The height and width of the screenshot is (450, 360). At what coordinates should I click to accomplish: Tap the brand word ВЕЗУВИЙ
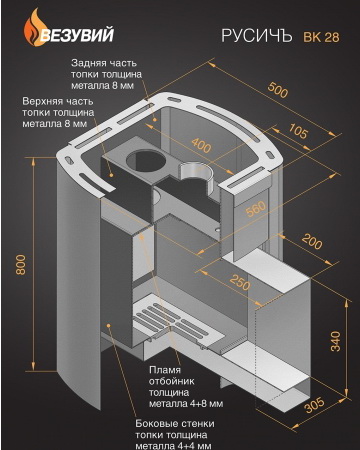click(x=77, y=35)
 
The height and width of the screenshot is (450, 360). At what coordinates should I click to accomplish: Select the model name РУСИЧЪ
click(x=257, y=36)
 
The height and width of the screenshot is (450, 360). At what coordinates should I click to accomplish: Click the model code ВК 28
click(x=321, y=37)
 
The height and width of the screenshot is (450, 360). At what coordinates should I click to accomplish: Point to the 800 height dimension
click(x=21, y=264)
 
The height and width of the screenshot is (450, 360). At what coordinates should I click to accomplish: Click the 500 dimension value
click(x=278, y=90)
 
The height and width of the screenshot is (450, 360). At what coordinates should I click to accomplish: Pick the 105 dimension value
click(x=298, y=131)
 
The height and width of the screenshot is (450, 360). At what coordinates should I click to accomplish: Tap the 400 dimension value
click(x=201, y=145)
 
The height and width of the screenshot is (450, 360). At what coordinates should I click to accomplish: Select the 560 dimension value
click(x=256, y=209)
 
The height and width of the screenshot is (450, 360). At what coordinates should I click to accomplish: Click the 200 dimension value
click(x=312, y=241)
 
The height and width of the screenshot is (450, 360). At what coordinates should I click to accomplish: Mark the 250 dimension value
click(x=240, y=282)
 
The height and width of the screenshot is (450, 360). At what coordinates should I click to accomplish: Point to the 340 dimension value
click(x=336, y=341)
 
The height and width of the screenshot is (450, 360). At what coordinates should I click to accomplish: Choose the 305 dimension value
click(x=314, y=404)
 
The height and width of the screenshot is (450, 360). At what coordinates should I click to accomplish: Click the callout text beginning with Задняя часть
click(x=106, y=74)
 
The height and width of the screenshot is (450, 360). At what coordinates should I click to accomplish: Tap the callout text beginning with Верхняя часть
click(x=58, y=112)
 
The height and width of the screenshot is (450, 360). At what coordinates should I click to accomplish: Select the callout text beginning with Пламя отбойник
click(x=186, y=387)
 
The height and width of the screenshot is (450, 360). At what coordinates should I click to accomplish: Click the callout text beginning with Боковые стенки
click(x=175, y=435)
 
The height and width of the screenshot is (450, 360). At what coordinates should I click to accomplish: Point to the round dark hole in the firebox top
click(x=146, y=160)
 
